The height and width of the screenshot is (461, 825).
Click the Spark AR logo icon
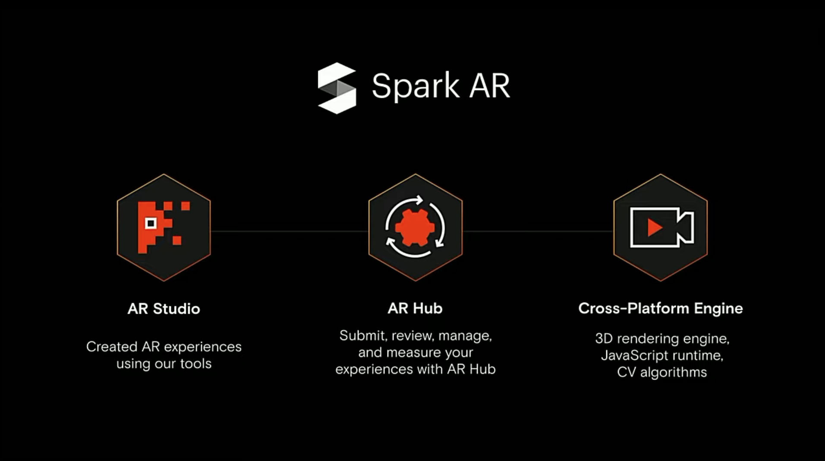click(337, 88)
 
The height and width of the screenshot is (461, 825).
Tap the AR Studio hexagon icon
click(164, 227)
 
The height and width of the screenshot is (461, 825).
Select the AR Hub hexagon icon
click(416, 227)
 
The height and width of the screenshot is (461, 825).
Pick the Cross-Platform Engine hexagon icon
click(660, 227)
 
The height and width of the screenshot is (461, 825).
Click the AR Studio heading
click(164, 309)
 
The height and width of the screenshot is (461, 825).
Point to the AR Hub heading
click(415, 308)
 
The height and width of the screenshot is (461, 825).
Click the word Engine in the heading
click(718, 308)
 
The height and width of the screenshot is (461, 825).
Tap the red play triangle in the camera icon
click(655, 227)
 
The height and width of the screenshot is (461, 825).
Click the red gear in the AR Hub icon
click(415, 227)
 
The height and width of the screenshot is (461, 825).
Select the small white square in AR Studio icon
click(151, 223)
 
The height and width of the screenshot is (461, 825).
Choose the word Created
click(112, 347)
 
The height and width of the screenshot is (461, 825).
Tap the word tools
click(196, 364)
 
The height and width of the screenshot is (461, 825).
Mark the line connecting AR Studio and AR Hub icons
click(289, 231)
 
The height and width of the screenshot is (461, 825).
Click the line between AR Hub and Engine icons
click(538, 231)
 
